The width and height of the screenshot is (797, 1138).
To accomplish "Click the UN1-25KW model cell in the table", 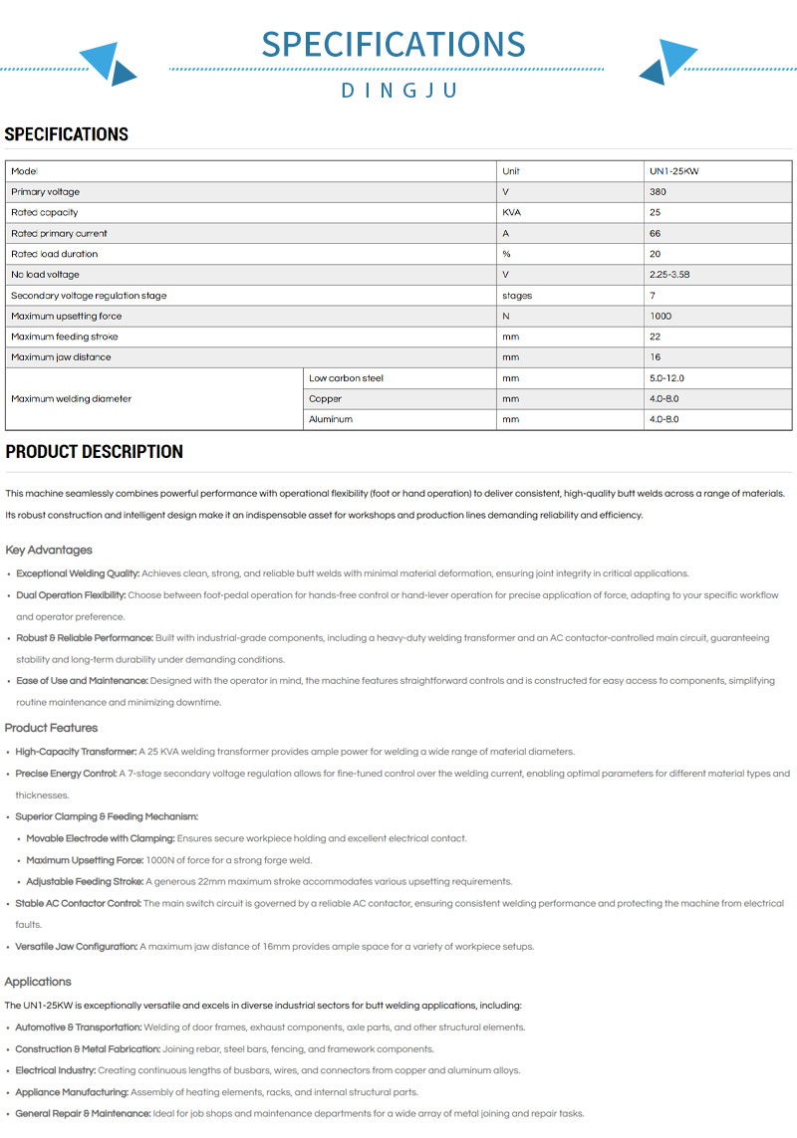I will pyautogui.click(x=674, y=171).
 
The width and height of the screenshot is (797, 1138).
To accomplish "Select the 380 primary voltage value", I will pyautogui.click(x=658, y=191).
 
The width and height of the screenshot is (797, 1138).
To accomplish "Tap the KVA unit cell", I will pyautogui.click(x=512, y=212).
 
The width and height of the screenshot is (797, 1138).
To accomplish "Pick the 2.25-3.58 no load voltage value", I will pyautogui.click(x=669, y=274).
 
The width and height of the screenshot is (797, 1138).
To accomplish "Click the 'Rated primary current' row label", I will pyautogui.click(x=59, y=233).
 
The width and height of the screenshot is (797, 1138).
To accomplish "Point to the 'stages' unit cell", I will pyautogui.click(x=517, y=295).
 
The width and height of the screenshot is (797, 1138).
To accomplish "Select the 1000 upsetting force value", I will pyautogui.click(x=661, y=316).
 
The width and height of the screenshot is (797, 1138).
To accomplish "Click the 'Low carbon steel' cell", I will pyautogui.click(x=346, y=378).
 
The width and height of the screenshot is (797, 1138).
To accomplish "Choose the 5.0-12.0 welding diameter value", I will pyautogui.click(x=666, y=378).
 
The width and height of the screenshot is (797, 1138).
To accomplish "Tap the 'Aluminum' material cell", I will pyautogui.click(x=331, y=419).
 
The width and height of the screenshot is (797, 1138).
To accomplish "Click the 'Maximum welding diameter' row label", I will pyautogui.click(x=71, y=398).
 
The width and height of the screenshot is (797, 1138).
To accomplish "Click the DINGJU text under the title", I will pyautogui.click(x=398, y=91).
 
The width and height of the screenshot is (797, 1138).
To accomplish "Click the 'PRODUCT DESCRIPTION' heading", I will pyautogui.click(x=94, y=452).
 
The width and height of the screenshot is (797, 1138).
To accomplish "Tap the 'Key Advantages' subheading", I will pyautogui.click(x=49, y=550).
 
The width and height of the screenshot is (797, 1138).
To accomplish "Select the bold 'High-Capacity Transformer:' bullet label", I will pyautogui.click(x=77, y=752).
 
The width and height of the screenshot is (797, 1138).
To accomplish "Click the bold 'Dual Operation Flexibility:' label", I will pyautogui.click(x=71, y=594).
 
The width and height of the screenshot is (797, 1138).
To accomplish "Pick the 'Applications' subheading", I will pyautogui.click(x=38, y=981).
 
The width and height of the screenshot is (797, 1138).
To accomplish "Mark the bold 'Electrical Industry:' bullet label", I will pyautogui.click(x=56, y=1070).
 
